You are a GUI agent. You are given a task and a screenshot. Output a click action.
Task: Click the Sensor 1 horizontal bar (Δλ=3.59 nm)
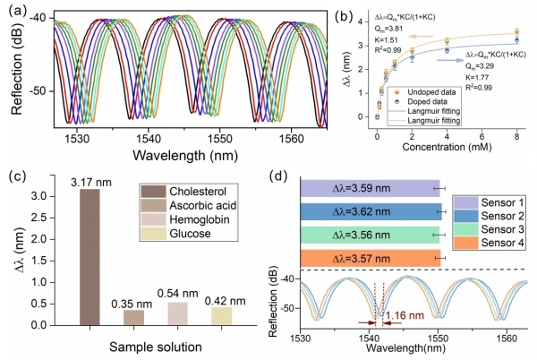click(370, 188)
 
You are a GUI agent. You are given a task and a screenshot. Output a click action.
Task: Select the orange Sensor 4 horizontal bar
click(370, 258)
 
